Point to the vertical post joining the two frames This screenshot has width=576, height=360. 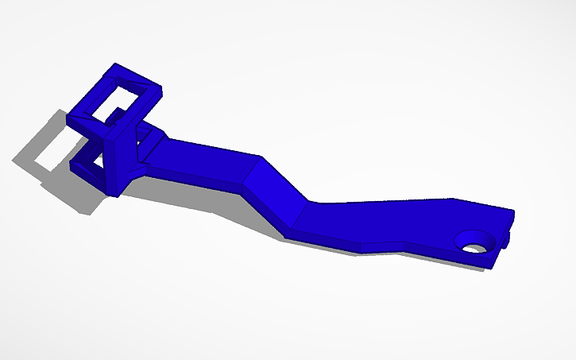coord(119,159)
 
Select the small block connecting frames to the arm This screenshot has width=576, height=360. coord(153,144)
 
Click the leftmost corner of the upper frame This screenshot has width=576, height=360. coord(69,116)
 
